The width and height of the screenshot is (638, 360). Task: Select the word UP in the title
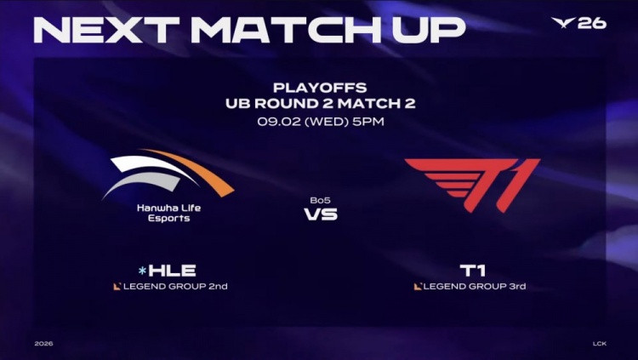coord(429,30)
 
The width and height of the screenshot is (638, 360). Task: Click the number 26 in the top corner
coord(592,23)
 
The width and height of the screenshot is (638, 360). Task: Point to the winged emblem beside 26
coord(563,22)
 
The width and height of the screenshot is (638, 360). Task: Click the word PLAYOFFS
coord(320,88)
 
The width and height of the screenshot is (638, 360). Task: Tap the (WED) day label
coord(327,122)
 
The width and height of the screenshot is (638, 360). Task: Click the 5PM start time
coord(368,122)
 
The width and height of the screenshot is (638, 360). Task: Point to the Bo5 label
coord(320,200)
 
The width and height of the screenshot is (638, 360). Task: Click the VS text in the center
coord(321,214)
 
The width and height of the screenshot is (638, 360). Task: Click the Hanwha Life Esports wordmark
coord(169,213)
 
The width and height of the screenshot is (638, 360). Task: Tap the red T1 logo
coord(473,185)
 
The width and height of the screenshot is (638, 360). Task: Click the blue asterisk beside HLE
coord(142,271)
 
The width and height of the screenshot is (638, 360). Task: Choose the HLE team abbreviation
coord(172,271)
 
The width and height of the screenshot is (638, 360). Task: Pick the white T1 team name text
coord(472,271)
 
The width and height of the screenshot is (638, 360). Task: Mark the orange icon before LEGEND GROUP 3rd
coord(418,287)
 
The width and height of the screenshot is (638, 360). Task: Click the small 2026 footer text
coord(43,344)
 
